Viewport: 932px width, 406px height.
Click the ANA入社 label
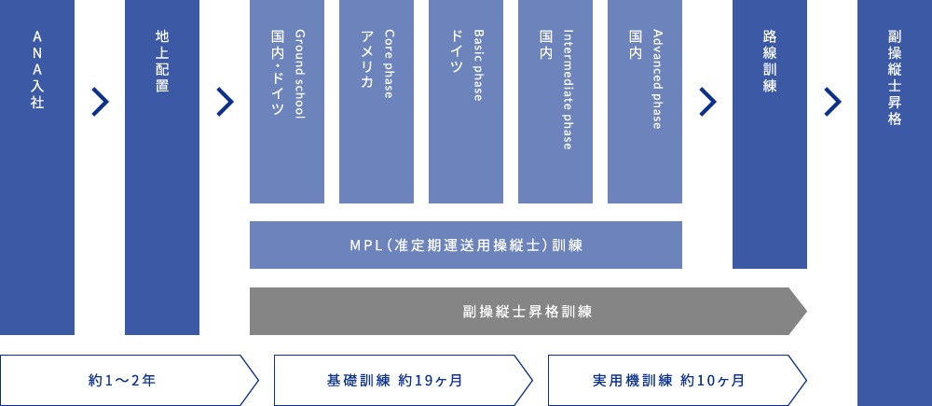tap(37, 70)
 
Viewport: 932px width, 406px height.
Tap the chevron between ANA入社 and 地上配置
tap(100, 102)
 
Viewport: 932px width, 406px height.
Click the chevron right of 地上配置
tap(225, 102)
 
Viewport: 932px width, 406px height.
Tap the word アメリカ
tap(365, 59)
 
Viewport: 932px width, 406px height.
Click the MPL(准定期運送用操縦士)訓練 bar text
tap(466, 245)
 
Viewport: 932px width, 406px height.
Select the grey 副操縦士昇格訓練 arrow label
tap(528, 312)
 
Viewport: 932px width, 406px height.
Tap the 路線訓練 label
tap(770, 60)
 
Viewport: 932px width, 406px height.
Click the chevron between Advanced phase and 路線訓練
tap(707, 102)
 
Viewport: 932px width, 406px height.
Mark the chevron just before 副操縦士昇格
tap(832, 102)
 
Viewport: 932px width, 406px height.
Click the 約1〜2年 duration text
tap(122, 381)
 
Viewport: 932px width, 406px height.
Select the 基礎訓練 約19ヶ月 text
tap(395, 381)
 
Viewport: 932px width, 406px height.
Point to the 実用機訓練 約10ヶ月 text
tap(668, 381)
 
